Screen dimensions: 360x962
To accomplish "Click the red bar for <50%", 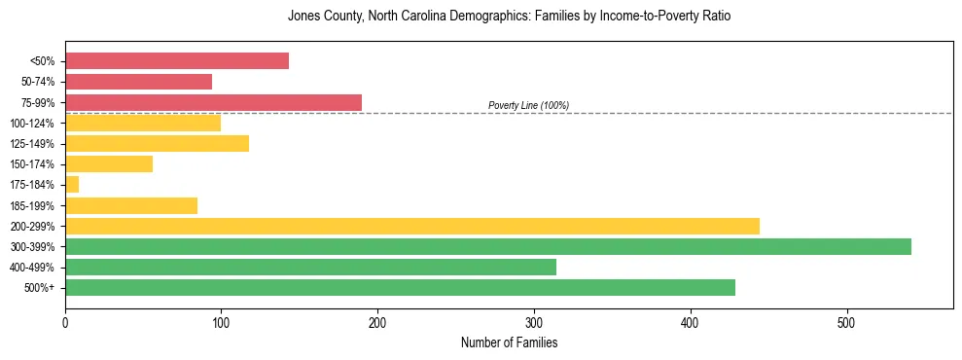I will point(177,61).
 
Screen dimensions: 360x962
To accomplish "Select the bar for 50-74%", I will point(138,82).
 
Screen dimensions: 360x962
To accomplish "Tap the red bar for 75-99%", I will point(213,102).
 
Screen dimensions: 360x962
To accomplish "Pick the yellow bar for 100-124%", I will point(143,123).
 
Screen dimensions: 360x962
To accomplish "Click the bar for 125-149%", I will point(157,144).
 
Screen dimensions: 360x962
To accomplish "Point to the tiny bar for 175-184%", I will point(72,185).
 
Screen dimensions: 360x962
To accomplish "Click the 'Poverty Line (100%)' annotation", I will point(528,105).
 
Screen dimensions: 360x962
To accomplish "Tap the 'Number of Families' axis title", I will point(509,342).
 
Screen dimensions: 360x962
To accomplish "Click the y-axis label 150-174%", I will point(33,164).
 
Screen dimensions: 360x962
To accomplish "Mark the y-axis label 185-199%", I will point(33,205).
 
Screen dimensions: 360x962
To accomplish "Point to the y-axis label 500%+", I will point(40,288).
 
